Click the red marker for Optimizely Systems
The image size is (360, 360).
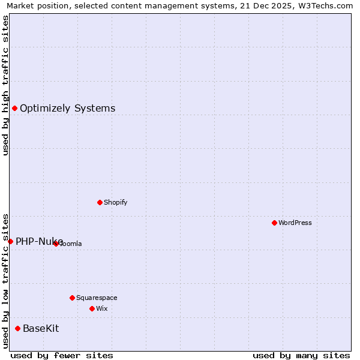coord(14,108)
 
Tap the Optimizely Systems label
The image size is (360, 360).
coord(67,109)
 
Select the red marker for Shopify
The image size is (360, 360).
coord(100,202)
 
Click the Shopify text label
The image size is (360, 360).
coord(115,203)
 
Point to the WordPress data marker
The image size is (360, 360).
coord(274,223)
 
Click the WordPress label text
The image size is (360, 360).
coord(295,223)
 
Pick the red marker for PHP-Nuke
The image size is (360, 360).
coord(10,241)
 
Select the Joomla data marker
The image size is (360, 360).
coord(56,244)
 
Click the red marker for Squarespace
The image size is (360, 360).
coord(72,298)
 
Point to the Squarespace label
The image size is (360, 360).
coord(97,298)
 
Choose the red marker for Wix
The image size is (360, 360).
coord(92,308)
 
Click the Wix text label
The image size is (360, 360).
coord(102,309)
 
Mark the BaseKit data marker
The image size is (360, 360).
coord(17,328)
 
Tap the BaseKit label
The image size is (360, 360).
coord(41,329)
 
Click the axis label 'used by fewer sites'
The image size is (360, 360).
coord(62,355)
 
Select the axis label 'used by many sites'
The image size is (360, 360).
coord(301,355)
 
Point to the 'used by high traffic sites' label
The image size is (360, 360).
coord(5,85)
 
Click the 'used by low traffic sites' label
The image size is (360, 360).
coord(5,281)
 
